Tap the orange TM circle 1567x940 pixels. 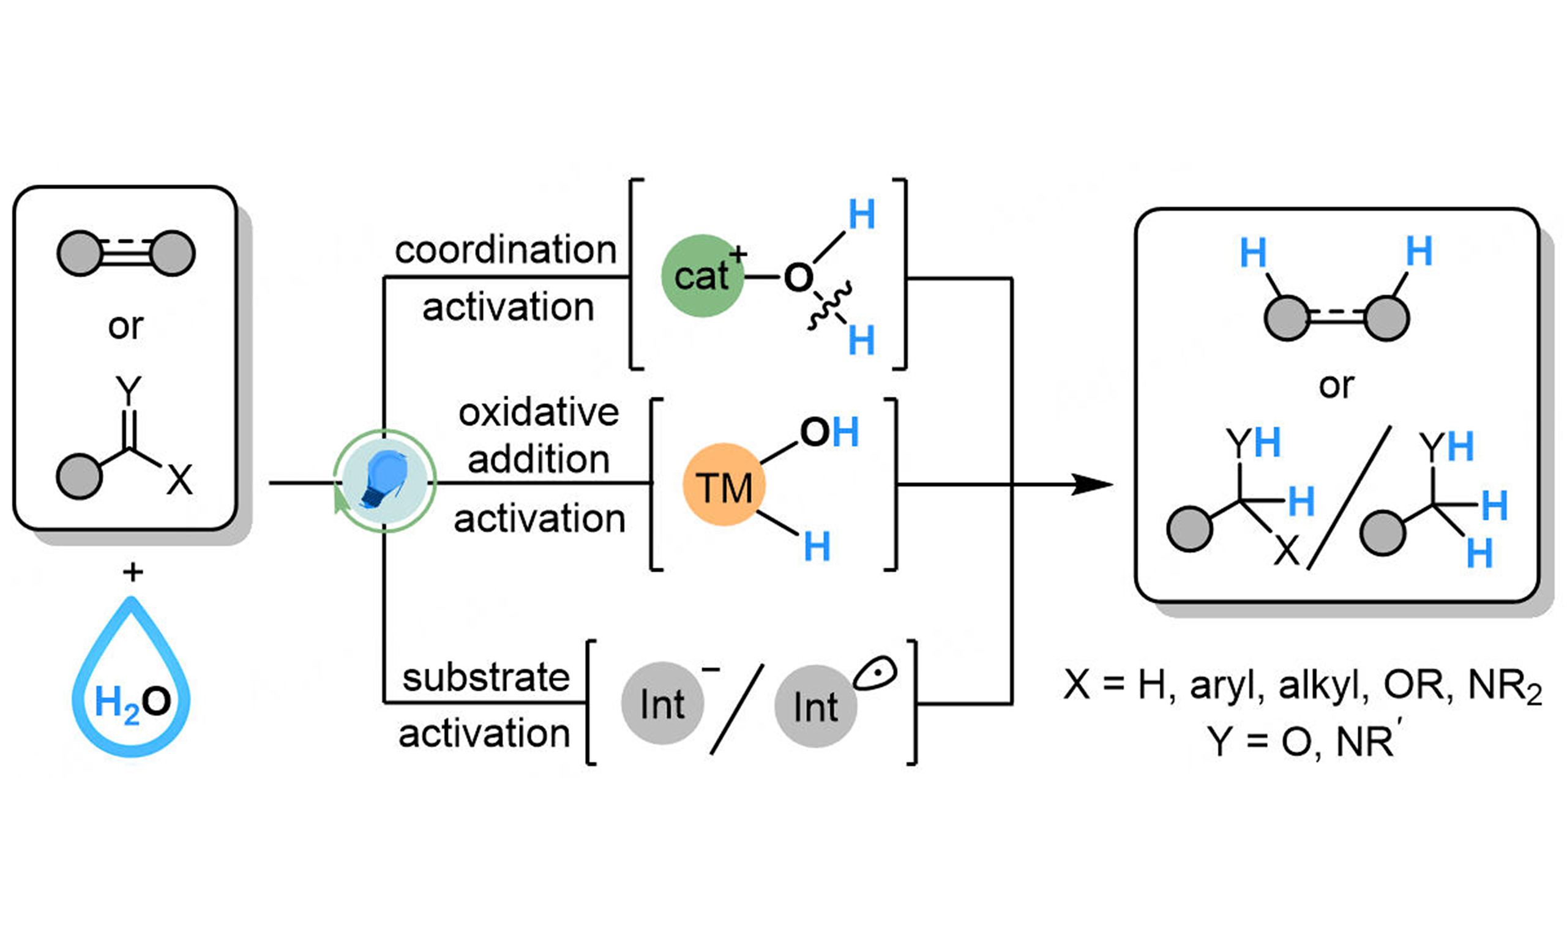click(x=724, y=485)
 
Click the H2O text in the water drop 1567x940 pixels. click(x=132, y=702)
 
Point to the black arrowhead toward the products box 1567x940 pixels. click(x=1093, y=485)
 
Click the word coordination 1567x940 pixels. click(x=506, y=250)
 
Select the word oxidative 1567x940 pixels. click(x=539, y=413)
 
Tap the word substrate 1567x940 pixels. click(x=486, y=677)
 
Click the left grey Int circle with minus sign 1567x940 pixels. click(x=662, y=704)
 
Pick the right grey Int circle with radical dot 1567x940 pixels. click(x=816, y=706)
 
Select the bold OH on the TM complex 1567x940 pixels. click(x=829, y=433)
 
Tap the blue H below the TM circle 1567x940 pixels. click(x=817, y=546)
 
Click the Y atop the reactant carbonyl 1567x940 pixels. click(x=129, y=390)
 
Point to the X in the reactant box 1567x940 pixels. click(x=179, y=480)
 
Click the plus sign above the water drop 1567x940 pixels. click(x=132, y=572)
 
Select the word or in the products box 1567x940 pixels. click(x=1336, y=384)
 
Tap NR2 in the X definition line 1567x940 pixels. click(x=1504, y=686)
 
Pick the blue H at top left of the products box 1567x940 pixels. click(x=1253, y=252)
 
